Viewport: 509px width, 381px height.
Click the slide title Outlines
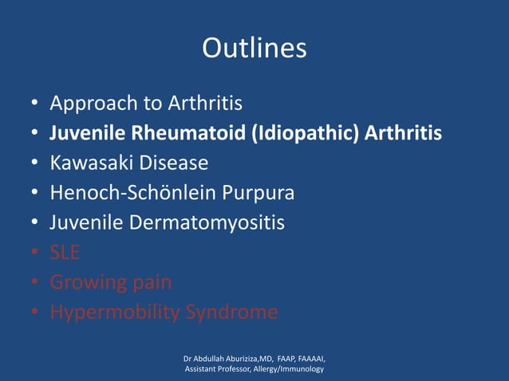[254, 49]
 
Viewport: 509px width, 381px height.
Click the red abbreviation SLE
[65, 253]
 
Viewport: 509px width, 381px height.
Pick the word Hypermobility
[114, 312]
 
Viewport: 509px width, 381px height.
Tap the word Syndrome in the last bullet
[231, 312]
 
